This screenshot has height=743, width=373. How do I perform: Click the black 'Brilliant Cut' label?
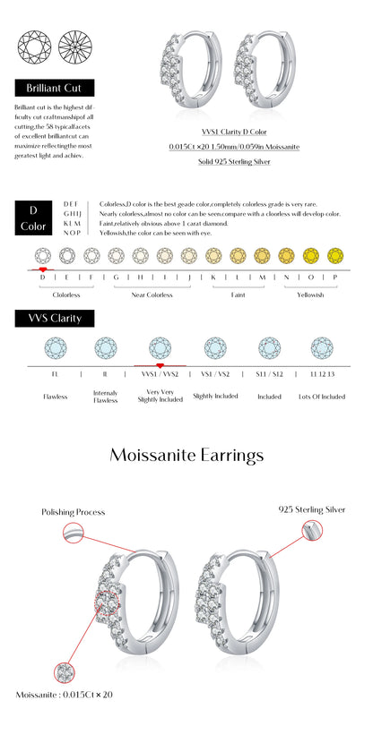point(55,89)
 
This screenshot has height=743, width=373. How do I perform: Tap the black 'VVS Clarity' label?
point(55,318)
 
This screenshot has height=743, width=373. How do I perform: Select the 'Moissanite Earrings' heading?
point(186,455)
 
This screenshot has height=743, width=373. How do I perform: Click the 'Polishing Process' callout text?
point(73,512)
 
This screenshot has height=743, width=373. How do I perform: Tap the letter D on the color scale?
point(42,277)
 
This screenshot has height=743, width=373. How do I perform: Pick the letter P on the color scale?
point(334,277)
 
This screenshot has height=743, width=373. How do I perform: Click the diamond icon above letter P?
point(334,255)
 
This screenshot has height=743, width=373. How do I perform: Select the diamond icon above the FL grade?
point(56,347)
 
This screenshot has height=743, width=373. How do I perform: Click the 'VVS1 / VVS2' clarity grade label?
point(160,374)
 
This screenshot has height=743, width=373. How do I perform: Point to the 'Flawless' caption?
point(56,396)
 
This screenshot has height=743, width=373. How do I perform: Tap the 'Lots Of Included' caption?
point(321,396)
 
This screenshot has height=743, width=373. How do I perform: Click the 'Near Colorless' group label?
point(152,294)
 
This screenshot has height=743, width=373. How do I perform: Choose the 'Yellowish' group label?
point(310,294)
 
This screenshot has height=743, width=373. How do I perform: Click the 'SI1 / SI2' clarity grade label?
point(269,374)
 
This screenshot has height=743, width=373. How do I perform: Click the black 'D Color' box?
point(34,218)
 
